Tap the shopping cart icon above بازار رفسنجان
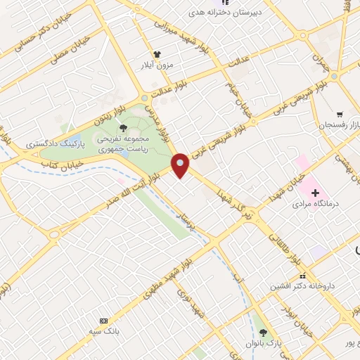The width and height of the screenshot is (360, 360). [340, 114]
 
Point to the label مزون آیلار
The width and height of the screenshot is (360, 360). [158, 65]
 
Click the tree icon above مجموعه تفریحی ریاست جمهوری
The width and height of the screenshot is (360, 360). [124, 128]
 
